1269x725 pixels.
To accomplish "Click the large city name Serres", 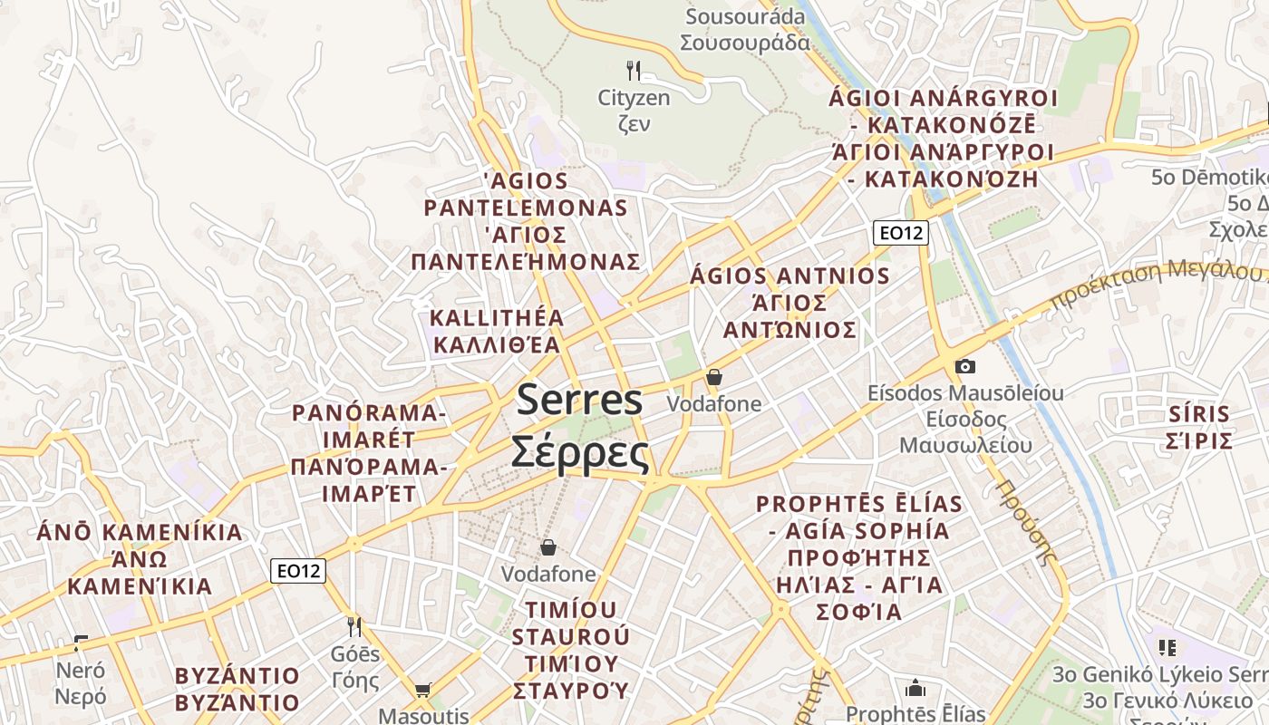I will click(x=580, y=401).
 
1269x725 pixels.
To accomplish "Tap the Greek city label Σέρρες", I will click(x=580, y=452).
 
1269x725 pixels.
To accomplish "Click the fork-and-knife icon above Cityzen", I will click(x=634, y=70).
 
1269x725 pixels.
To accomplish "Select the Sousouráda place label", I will click(x=746, y=17).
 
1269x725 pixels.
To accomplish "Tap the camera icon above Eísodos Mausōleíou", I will click(x=965, y=366).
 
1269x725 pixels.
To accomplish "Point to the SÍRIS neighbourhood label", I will click(x=1199, y=415).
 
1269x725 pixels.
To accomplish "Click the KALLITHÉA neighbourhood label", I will click(x=497, y=318).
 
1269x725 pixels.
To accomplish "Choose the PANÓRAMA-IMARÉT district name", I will click(x=369, y=426).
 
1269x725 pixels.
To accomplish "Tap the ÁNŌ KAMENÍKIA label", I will click(x=140, y=532).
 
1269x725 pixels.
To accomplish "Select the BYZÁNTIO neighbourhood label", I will click(x=237, y=676).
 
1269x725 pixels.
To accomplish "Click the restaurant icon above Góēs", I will click(x=354, y=626).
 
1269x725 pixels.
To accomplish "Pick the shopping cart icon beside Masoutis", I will click(x=423, y=691).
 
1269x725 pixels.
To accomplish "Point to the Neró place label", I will click(x=81, y=672).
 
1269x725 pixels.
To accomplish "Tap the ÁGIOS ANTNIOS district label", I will click(x=790, y=275).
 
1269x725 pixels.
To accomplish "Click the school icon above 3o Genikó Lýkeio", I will click(x=1167, y=647).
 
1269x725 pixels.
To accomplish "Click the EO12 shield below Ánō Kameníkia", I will click(x=298, y=571).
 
